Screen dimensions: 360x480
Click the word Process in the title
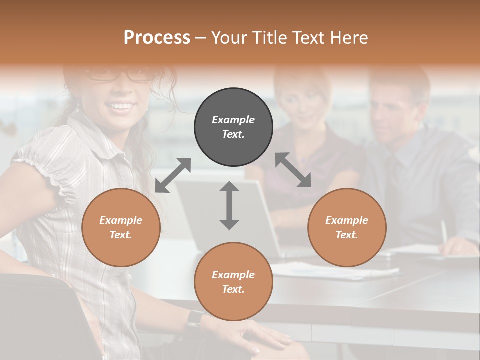(x=157, y=38)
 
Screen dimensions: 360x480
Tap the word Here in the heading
(x=348, y=38)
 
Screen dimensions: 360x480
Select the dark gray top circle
(x=233, y=127)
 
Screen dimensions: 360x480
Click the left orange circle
(x=121, y=227)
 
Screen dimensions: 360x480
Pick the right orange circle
(x=347, y=227)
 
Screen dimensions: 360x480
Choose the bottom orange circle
(x=233, y=282)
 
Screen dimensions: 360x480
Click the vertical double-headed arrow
(x=229, y=205)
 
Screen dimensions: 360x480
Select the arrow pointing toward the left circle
(x=173, y=175)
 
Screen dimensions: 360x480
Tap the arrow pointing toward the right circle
(x=293, y=170)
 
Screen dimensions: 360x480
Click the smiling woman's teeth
(x=120, y=106)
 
